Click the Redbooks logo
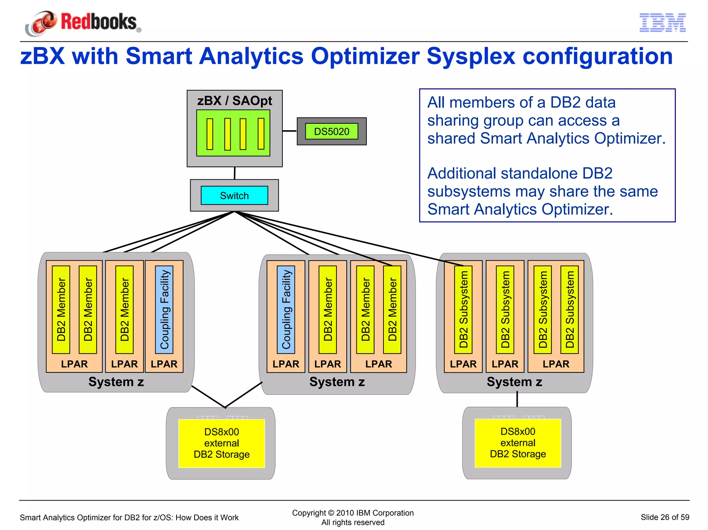83,23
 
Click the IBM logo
662,23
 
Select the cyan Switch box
234,196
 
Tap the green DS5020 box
332,132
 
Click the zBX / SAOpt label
234,101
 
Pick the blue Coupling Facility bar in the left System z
164,309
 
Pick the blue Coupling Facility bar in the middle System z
286,309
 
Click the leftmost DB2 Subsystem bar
463,309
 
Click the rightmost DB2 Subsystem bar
569,309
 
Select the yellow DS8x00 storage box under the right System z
518,443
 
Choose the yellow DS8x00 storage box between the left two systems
222,443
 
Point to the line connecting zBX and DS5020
289,131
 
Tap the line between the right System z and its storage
517,399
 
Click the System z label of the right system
514,382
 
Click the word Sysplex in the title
471,56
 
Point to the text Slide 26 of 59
665,517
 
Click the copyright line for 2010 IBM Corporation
353,513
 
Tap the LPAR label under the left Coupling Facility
164,364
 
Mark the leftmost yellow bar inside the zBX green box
210,134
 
